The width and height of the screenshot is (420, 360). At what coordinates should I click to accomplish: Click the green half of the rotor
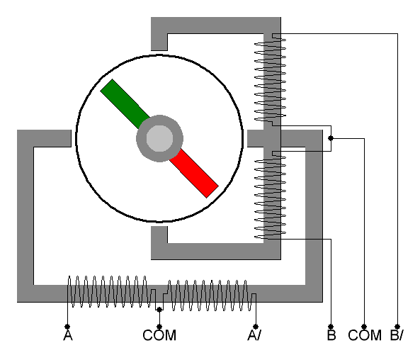(125, 103)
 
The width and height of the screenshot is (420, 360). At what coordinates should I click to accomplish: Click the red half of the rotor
(194, 174)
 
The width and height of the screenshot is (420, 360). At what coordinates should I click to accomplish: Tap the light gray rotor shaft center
(159, 138)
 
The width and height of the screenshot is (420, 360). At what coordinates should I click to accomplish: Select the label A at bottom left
(68, 335)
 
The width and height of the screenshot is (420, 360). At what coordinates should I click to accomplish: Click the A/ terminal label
(254, 335)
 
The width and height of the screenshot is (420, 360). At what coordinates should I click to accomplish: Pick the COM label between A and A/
(159, 335)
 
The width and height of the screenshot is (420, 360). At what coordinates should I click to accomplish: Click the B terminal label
(331, 335)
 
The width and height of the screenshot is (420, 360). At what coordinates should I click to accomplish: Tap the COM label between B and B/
(365, 335)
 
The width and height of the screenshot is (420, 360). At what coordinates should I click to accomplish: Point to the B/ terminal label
(397, 335)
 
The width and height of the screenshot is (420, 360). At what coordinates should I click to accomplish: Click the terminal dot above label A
(67, 327)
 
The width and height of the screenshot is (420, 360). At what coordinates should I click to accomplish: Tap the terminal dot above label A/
(256, 327)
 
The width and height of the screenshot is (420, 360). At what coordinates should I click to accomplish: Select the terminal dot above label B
(331, 327)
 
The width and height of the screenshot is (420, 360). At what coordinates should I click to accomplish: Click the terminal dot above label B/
(397, 327)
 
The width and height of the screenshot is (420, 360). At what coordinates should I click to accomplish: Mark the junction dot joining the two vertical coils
(331, 138)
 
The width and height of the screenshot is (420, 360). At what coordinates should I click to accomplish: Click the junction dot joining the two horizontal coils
(159, 310)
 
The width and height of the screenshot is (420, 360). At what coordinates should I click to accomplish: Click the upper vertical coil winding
(270, 79)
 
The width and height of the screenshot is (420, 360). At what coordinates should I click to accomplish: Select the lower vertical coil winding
(270, 195)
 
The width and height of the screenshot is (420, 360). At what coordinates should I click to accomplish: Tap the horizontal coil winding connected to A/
(210, 296)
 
